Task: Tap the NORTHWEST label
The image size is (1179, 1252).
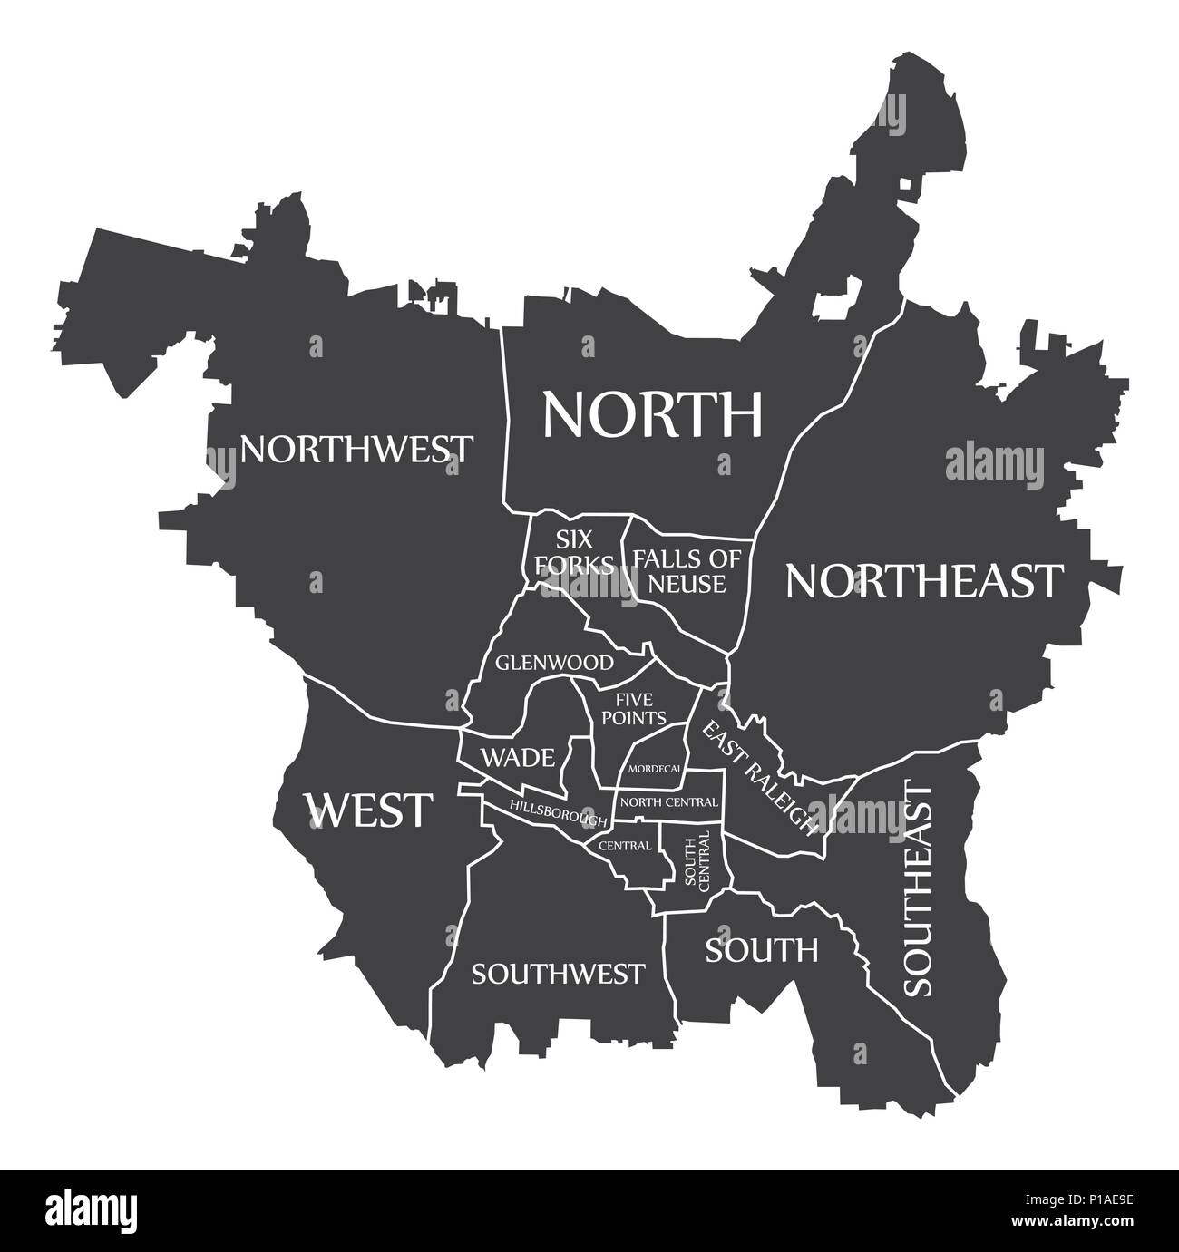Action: coord(356,448)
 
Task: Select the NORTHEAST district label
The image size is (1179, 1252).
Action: coord(923,580)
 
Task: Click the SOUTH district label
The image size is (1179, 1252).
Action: coord(762,950)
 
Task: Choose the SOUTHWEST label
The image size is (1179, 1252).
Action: coord(558,974)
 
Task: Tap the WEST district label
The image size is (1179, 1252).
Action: coord(369,810)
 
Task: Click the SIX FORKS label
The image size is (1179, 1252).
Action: coord(573,552)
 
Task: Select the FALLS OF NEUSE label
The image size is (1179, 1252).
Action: coord(687,570)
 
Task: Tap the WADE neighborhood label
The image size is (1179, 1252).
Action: coord(517,757)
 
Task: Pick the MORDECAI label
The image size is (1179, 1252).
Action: coord(655,769)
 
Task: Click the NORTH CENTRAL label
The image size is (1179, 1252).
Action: coord(669,801)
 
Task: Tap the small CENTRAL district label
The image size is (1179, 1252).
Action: coord(624,846)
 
